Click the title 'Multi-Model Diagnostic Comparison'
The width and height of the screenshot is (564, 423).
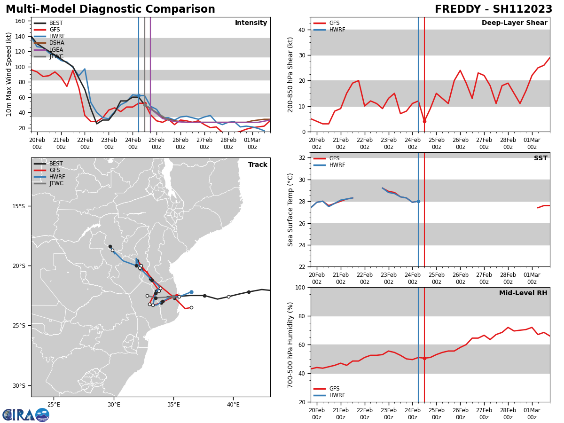(x=110, y=9)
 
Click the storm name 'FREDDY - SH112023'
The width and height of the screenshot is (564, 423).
(x=493, y=9)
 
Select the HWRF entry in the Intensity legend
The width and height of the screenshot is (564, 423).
(x=56, y=36)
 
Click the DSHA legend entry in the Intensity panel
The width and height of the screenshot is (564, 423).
(x=56, y=43)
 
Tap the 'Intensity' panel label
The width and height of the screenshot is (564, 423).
(x=251, y=23)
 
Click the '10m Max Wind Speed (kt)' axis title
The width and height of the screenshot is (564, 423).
(x=9, y=74)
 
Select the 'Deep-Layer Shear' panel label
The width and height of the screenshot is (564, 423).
(x=514, y=23)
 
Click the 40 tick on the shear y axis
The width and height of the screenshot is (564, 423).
(x=301, y=30)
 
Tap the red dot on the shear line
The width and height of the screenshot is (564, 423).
(x=424, y=121)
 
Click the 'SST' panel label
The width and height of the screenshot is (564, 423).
(x=540, y=158)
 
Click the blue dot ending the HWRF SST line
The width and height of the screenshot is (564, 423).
(x=418, y=201)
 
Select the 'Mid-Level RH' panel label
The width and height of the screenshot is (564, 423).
(x=523, y=293)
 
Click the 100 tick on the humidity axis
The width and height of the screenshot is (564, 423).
(x=299, y=287)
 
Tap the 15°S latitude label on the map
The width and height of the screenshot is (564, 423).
(x=18, y=206)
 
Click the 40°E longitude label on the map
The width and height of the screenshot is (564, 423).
(x=233, y=404)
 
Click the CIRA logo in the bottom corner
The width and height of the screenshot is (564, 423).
(x=26, y=415)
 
